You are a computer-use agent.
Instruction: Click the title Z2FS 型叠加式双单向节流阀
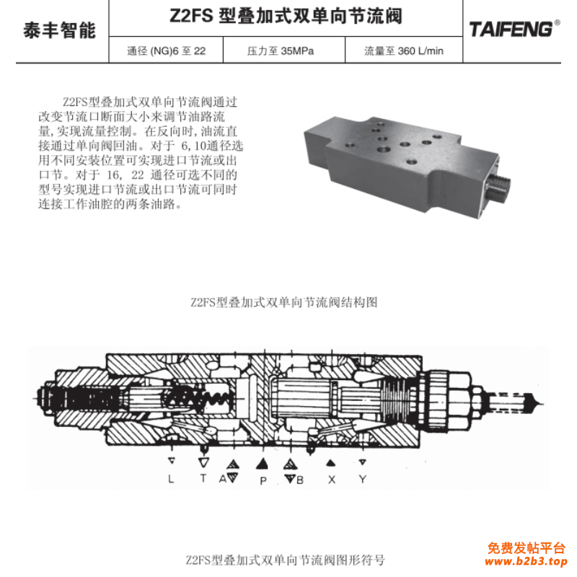[286, 16]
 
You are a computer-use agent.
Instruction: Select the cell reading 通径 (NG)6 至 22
[166, 51]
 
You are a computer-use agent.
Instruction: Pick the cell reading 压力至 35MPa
[281, 51]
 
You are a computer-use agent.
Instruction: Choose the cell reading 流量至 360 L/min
[403, 51]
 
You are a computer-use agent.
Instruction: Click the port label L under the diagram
[171, 479]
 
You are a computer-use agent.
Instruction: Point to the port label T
[203, 479]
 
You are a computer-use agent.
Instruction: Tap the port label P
[263, 480]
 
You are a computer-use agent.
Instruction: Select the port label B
[300, 479]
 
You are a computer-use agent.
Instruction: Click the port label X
[331, 479]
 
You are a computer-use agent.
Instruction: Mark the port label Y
[363, 479]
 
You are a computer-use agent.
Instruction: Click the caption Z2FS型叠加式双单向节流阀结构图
[284, 302]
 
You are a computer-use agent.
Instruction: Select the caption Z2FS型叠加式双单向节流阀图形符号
[285, 560]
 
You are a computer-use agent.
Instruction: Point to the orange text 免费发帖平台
[527, 547]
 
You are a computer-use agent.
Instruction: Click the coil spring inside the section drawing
[215, 396]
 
